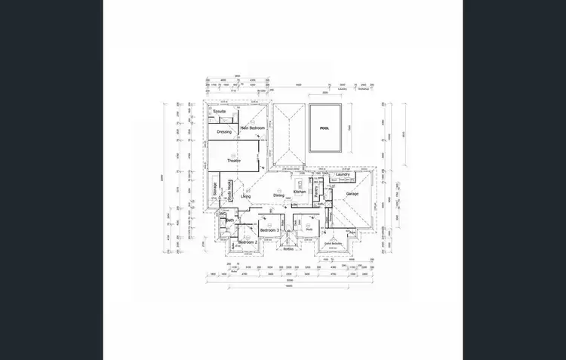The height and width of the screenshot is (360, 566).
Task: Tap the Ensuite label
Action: pos(220,112)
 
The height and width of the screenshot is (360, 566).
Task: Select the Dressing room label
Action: pos(224,131)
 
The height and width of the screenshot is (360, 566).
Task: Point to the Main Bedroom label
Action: pos(252,128)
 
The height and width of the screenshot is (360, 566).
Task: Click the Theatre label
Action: pos(233,161)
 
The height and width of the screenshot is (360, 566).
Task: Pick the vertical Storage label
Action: pos(215,189)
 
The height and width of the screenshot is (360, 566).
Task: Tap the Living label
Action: pos(246,196)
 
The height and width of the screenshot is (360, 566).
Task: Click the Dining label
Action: pos(279,195)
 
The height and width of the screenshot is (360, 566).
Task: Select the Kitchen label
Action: pos(300,192)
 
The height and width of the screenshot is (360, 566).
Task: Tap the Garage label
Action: pos(352,194)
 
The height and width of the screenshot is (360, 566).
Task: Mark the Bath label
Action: pos(229,220)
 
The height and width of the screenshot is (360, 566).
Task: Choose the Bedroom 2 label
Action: pos(248,242)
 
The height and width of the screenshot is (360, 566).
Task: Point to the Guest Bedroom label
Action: pos(334,244)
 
